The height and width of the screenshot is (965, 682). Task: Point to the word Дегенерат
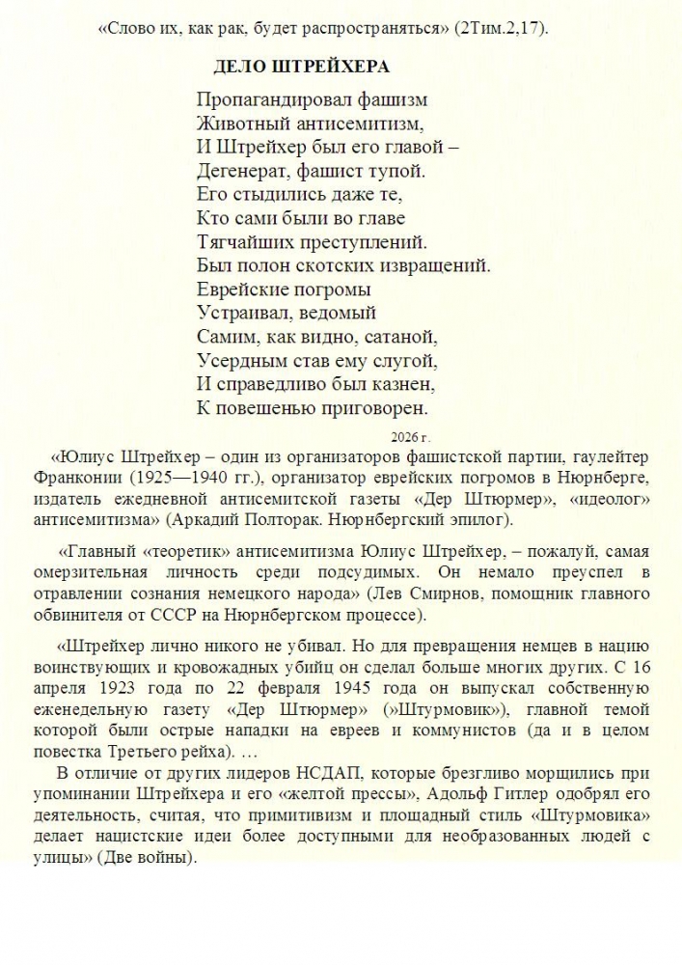pyautogui.click(x=237, y=171)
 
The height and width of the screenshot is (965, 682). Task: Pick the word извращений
pyautogui.click(x=437, y=265)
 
